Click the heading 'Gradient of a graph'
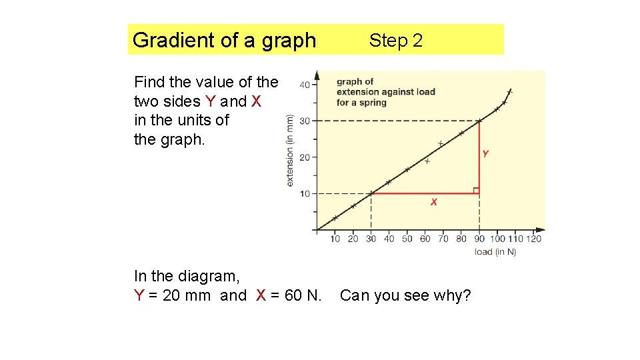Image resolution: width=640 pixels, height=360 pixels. (224, 40)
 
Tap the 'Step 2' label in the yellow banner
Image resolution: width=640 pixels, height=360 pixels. (396, 41)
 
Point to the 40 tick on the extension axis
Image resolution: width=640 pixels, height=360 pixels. (304, 85)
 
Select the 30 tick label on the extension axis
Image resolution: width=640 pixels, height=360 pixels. (304, 121)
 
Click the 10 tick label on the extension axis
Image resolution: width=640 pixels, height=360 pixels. (304, 193)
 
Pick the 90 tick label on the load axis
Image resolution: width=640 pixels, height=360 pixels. (480, 239)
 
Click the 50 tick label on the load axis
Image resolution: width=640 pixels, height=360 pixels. (407, 239)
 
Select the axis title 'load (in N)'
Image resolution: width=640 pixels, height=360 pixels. (495, 251)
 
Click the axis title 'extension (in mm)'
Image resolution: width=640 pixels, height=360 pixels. (290, 150)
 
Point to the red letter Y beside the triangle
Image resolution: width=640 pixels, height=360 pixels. (485, 153)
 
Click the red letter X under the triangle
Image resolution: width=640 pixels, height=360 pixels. (434, 202)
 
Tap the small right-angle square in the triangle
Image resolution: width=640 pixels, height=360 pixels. (476, 191)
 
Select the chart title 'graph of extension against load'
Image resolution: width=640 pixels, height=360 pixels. (385, 92)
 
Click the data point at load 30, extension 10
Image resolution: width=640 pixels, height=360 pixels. (371, 193)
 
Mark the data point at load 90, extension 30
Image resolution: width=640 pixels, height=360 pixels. (480, 121)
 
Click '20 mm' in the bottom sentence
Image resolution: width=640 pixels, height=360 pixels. (189, 295)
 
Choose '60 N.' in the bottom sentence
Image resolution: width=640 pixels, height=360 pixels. (303, 295)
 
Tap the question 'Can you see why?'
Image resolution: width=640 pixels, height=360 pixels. (405, 295)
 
